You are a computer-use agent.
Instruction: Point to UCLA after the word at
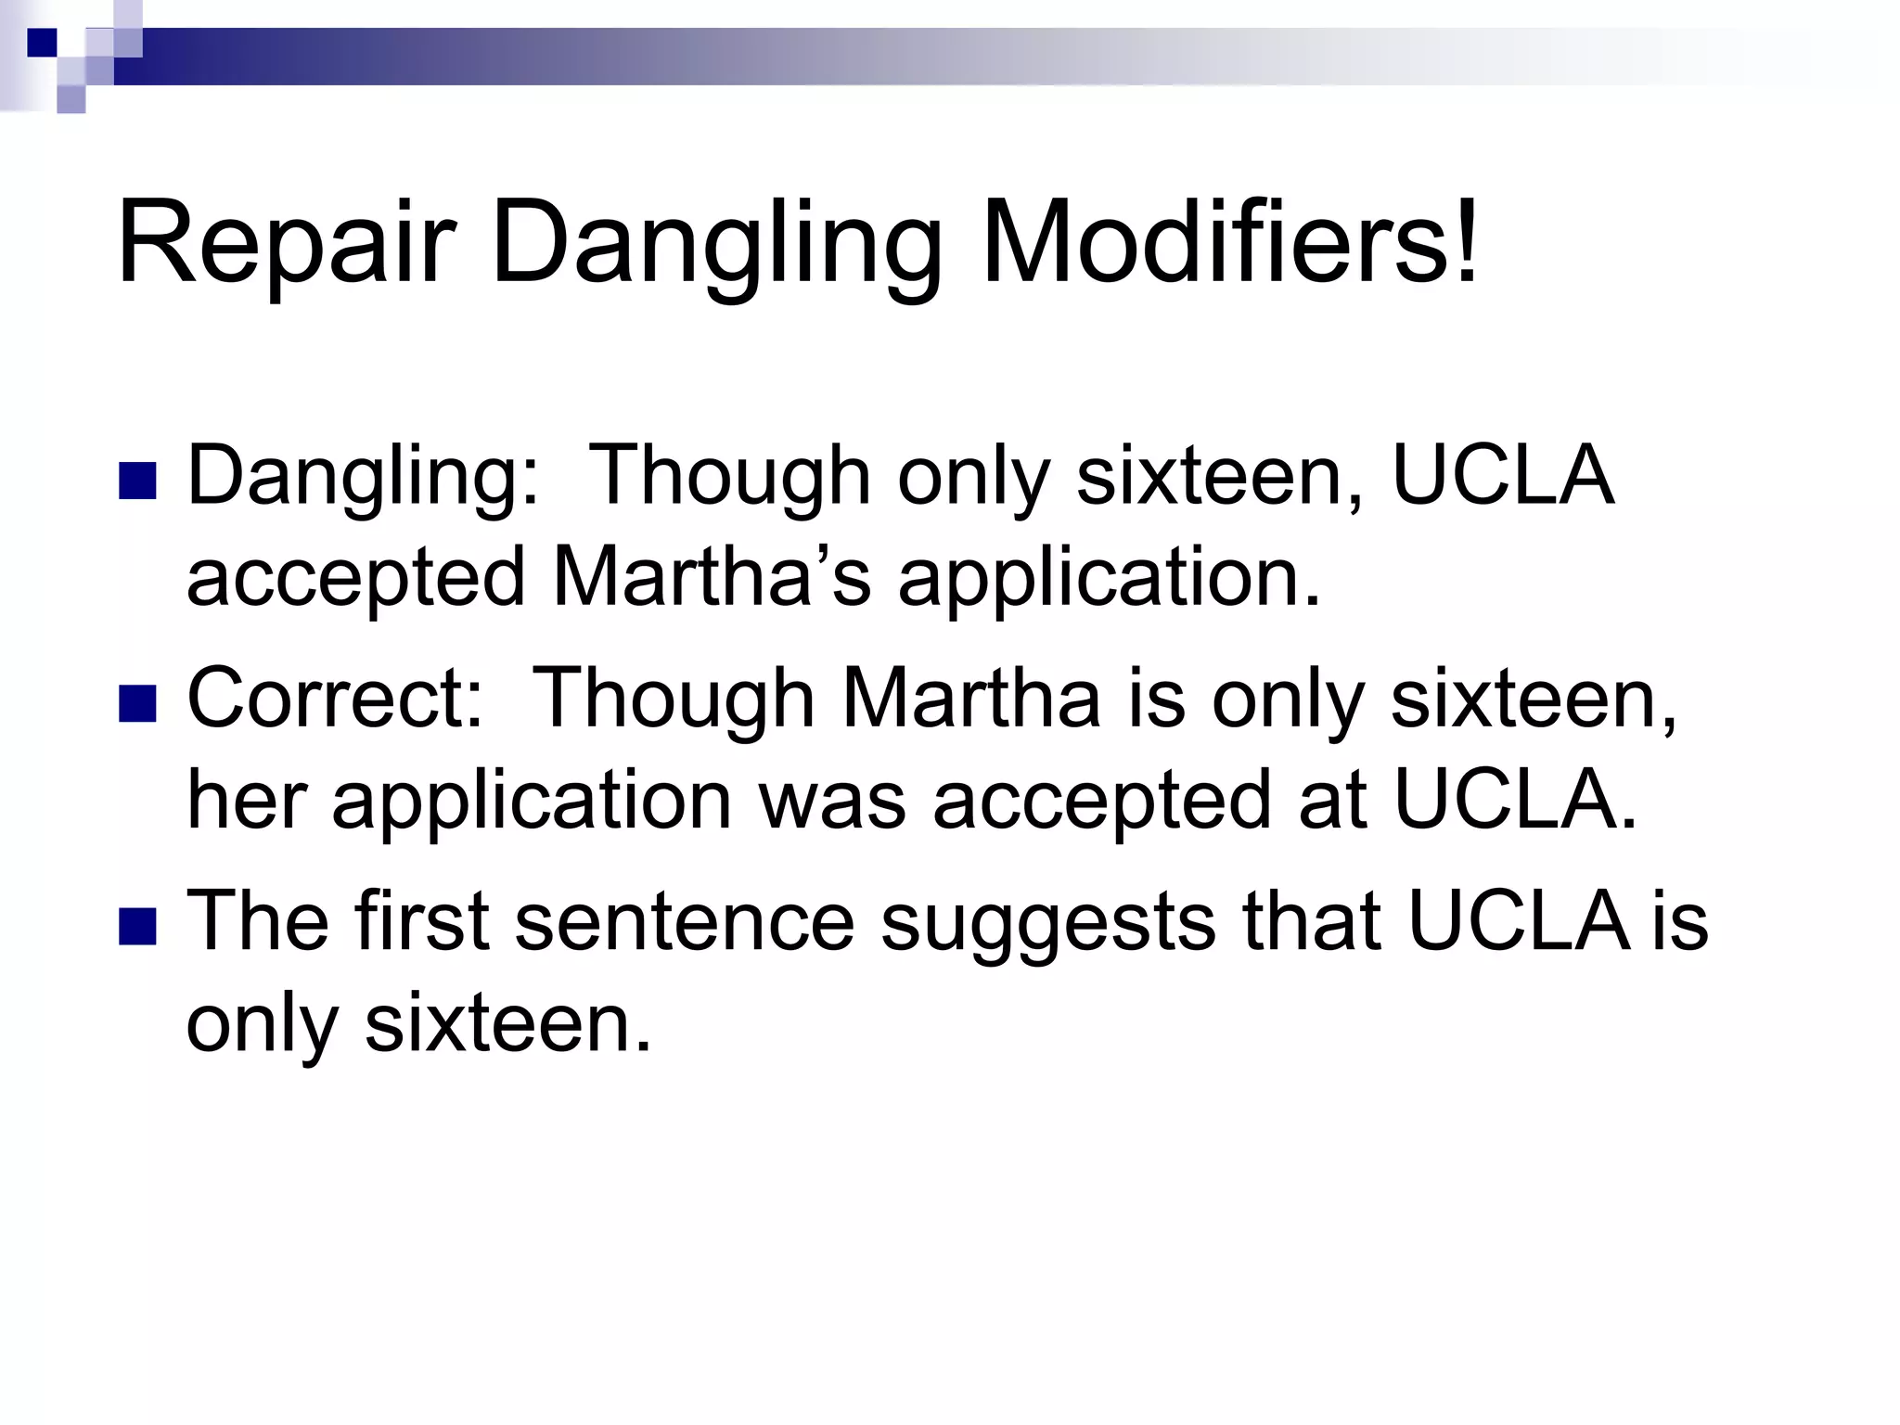click(1516, 800)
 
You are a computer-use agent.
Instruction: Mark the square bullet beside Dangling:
click(137, 480)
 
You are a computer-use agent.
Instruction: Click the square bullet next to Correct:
click(137, 702)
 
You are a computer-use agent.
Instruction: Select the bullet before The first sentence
click(137, 925)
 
